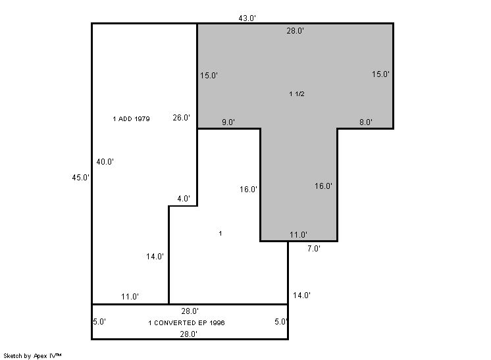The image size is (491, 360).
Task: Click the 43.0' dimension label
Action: click(x=247, y=18)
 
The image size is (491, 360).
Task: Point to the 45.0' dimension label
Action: click(x=80, y=178)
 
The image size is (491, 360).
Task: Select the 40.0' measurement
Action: click(x=105, y=162)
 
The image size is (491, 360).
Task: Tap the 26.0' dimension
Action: click(x=181, y=118)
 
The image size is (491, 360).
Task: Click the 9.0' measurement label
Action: click(x=228, y=122)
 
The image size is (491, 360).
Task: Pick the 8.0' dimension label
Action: click(x=366, y=122)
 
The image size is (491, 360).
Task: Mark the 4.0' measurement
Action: click(x=184, y=199)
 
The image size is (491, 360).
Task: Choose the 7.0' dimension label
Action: click(x=313, y=249)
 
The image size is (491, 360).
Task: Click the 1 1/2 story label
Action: click(x=297, y=94)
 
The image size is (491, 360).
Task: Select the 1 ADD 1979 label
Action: click(x=131, y=119)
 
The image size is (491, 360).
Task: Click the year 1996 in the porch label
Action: click(x=217, y=322)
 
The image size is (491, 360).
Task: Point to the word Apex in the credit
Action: click(x=40, y=356)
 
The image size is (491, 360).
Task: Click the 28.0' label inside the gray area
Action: click(x=296, y=31)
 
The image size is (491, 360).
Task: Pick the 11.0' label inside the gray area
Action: click(x=298, y=235)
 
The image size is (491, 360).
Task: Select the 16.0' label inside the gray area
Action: click(x=323, y=186)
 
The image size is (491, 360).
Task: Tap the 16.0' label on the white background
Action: click(x=248, y=190)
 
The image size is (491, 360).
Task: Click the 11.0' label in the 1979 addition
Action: click(x=130, y=296)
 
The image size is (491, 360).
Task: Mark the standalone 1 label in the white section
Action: click(x=220, y=233)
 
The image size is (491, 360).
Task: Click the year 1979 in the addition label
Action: click(x=142, y=119)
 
